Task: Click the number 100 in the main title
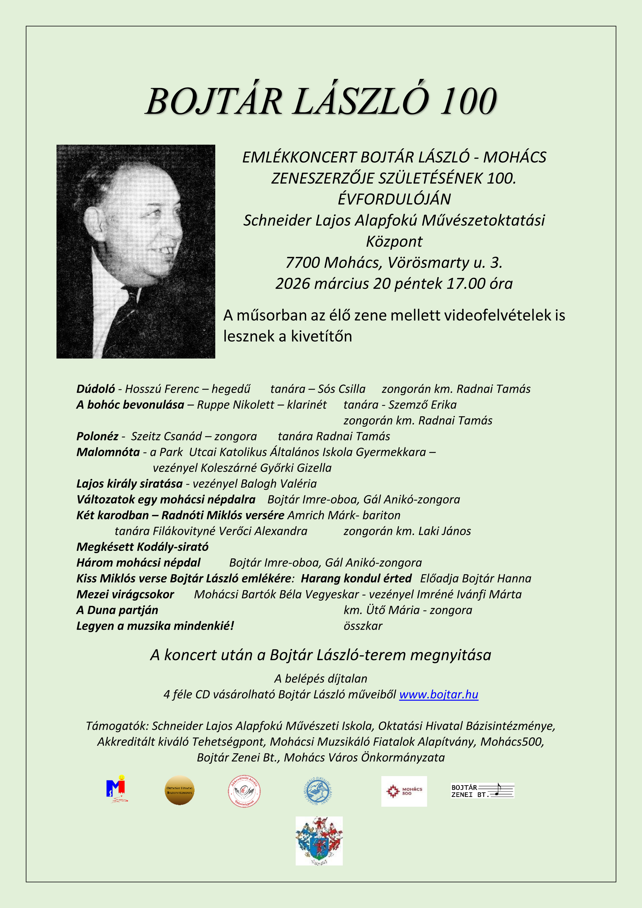(x=469, y=102)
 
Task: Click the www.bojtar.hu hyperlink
(x=439, y=694)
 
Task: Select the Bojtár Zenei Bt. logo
(x=482, y=790)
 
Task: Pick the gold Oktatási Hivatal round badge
(x=179, y=790)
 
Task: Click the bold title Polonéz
(x=97, y=437)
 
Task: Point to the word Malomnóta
(x=108, y=452)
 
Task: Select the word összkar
(x=363, y=626)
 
